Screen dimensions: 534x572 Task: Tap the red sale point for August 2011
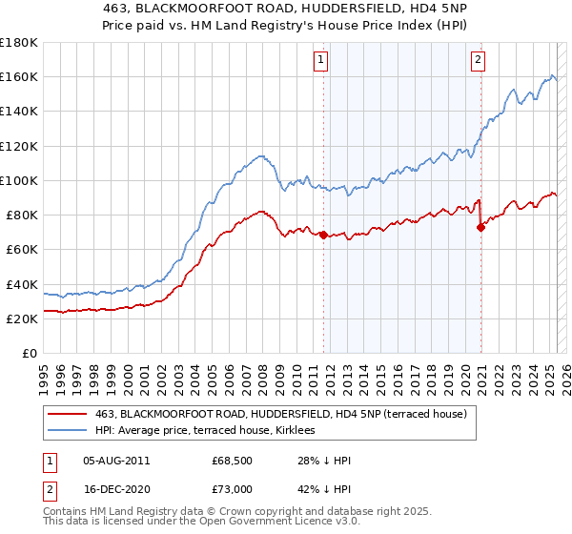coord(323,235)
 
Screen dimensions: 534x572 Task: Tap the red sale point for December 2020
coord(480,227)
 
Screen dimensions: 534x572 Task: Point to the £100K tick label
coord(18,180)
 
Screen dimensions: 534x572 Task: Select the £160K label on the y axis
coord(18,76)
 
